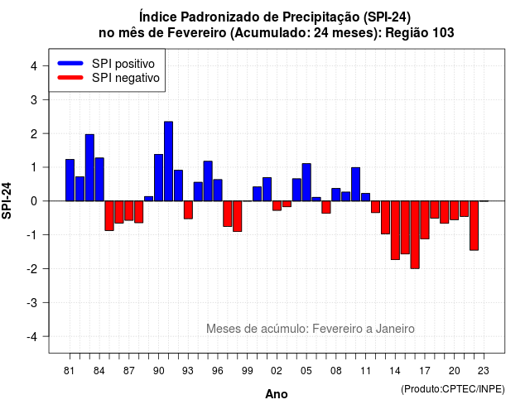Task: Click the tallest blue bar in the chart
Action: pyautogui.click(x=168, y=161)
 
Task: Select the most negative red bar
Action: pyautogui.click(x=415, y=235)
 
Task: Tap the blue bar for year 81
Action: pyautogui.click(x=70, y=181)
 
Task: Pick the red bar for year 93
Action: pyautogui.click(x=188, y=209)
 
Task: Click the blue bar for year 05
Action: pyautogui.click(x=306, y=182)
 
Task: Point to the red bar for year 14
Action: pyautogui.click(x=395, y=230)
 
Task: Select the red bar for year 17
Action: pyautogui.click(x=425, y=220)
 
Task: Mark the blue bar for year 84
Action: pyautogui.click(x=99, y=180)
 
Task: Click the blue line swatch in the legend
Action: pyautogui.click(x=70, y=63)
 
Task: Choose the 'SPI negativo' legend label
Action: pyautogui.click(x=126, y=78)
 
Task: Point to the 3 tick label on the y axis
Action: pyautogui.click(x=33, y=99)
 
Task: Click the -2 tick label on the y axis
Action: pyautogui.click(x=31, y=268)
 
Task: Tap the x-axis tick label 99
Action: pyautogui.click(x=248, y=371)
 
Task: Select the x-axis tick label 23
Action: pyautogui.click(x=484, y=371)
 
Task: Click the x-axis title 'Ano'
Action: pyautogui.click(x=277, y=394)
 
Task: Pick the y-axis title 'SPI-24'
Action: pyautogui.click(x=7, y=200)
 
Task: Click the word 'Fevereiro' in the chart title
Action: pyautogui.click(x=197, y=33)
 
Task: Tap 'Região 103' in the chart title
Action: pyautogui.click(x=420, y=33)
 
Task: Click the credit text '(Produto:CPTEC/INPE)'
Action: pyautogui.click(x=453, y=389)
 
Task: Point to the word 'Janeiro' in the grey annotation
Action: pyautogui.click(x=395, y=329)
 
